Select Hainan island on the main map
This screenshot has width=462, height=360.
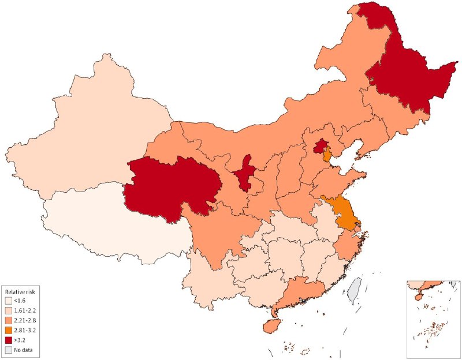point(270,326)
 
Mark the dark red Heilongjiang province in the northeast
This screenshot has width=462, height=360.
point(404,75)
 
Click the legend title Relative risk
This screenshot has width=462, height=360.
point(18,292)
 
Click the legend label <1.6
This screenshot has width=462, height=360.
point(19,300)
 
